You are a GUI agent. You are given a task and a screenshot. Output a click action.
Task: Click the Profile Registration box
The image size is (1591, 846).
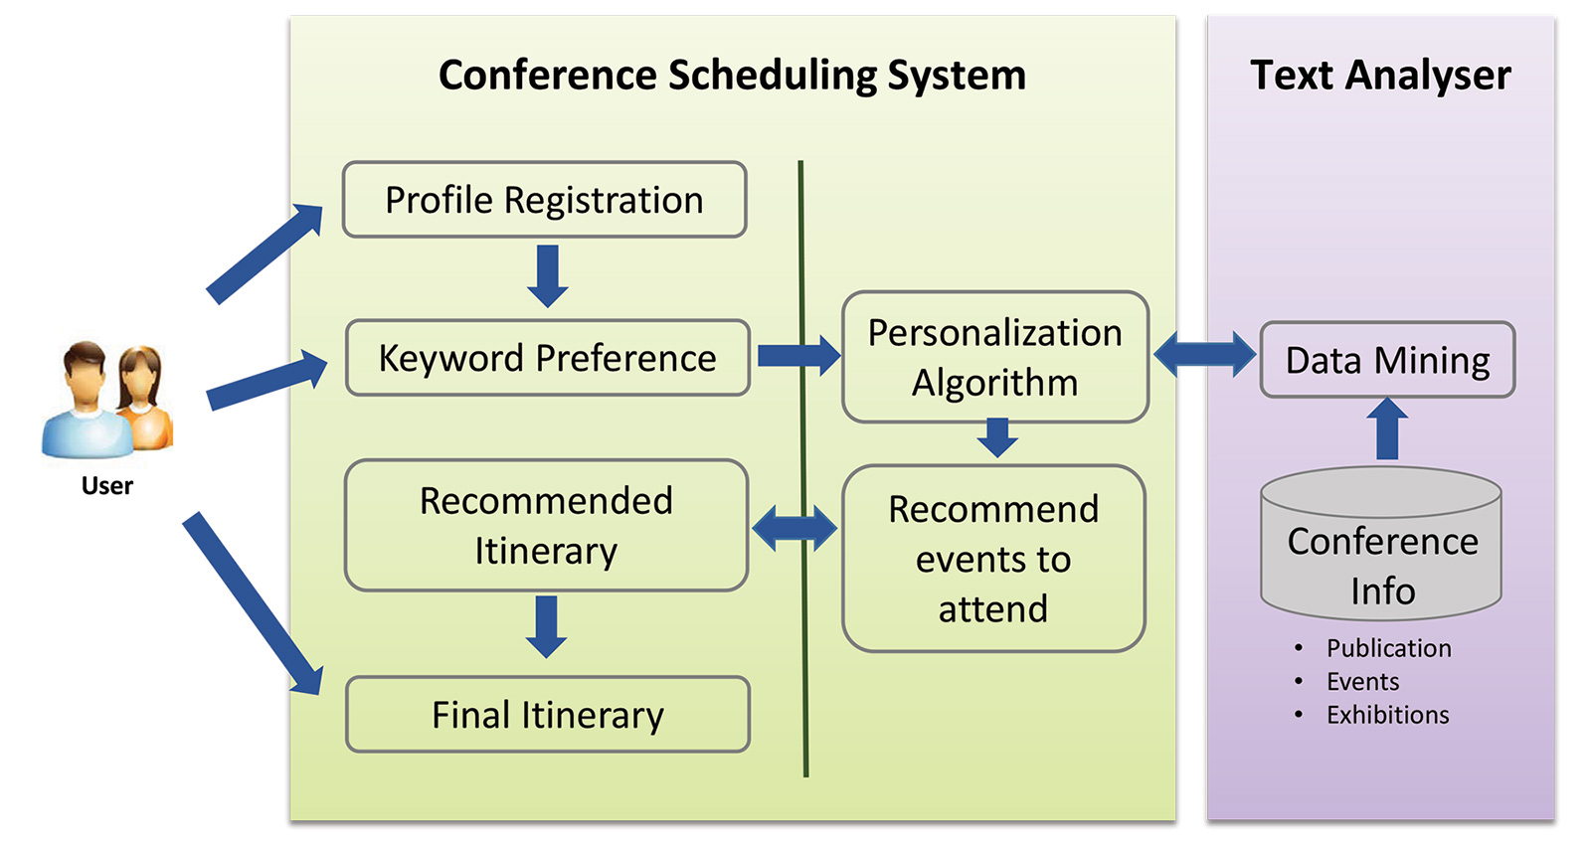[544, 200]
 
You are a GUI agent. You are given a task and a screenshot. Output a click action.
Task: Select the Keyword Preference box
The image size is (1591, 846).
[548, 357]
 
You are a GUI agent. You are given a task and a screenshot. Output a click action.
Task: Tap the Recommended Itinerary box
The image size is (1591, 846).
[546, 525]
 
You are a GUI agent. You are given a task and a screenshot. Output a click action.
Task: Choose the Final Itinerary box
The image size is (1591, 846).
[548, 714]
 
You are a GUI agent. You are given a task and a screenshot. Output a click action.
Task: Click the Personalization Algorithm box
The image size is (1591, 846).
[995, 357]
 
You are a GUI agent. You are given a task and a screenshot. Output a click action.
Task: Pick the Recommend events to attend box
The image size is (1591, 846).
[993, 559]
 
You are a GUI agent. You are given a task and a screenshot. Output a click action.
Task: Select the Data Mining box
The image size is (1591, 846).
[1388, 360]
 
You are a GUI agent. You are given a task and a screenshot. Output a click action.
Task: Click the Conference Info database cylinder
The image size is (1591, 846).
[1381, 544]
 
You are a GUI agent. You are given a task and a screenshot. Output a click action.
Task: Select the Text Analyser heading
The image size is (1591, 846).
[1380, 76]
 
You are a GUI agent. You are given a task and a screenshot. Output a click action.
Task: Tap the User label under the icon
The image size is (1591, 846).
[107, 486]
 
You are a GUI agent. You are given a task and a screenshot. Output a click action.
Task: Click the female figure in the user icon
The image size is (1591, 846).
[145, 398]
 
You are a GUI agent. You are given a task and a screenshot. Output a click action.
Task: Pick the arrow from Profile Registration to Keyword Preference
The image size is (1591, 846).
[548, 275]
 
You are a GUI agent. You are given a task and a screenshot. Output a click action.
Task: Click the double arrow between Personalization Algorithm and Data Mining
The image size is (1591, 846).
[1204, 354]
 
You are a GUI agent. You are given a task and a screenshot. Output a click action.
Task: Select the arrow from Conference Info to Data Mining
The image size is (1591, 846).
[1387, 428]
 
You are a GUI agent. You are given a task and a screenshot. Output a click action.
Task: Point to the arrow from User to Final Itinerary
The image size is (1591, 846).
[254, 603]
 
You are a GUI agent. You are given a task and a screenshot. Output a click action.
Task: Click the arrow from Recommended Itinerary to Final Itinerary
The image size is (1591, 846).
[546, 626]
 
